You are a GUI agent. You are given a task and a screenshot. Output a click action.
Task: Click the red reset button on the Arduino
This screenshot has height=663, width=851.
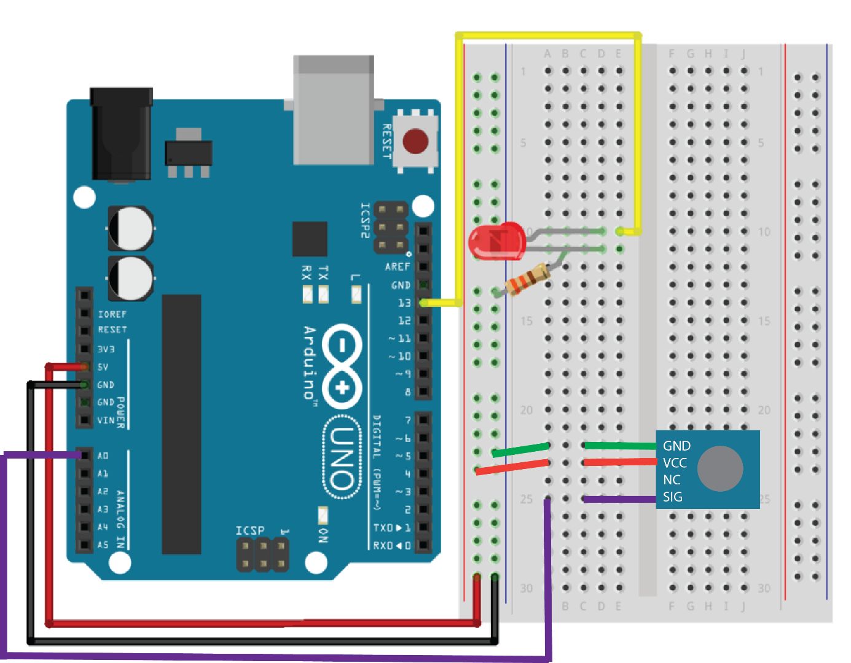tap(415, 141)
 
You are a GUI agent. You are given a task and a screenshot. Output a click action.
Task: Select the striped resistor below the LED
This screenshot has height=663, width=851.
tap(527, 279)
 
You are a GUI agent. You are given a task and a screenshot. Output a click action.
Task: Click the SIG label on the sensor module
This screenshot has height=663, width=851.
tap(672, 497)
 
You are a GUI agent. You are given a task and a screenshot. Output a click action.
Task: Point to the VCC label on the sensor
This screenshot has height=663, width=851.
tap(675, 463)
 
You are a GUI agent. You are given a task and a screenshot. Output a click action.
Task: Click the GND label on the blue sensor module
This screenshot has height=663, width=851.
tap(676, 446)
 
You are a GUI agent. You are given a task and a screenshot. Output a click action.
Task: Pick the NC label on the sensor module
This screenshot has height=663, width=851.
tap(672, 479)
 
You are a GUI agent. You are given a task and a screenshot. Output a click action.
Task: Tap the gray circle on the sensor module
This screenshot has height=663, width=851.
tap(720, 468)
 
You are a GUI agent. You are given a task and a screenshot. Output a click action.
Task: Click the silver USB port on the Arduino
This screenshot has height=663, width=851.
tap(334, 110)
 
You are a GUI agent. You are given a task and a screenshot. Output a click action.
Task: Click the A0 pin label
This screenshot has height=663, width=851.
tap(103, 456)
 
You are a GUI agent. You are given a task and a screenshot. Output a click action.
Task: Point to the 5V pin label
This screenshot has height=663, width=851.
tap(103, 367)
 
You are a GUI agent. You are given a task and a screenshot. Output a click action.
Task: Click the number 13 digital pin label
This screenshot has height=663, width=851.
tap(404, 303)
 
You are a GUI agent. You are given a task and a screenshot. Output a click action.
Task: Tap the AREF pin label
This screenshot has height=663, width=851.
tap(397, 266)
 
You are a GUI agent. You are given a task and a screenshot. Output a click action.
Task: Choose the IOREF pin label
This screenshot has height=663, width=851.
tap(112, 314)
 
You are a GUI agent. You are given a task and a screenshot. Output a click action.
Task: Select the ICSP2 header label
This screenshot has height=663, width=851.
tap(365, 220)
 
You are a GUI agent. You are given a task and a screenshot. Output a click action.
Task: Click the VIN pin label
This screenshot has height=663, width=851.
tap(106, 421)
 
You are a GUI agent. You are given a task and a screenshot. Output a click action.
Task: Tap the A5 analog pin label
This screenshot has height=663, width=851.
tap(103, 545)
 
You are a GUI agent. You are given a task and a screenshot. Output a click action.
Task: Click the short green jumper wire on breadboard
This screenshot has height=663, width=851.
tap(521, 450)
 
